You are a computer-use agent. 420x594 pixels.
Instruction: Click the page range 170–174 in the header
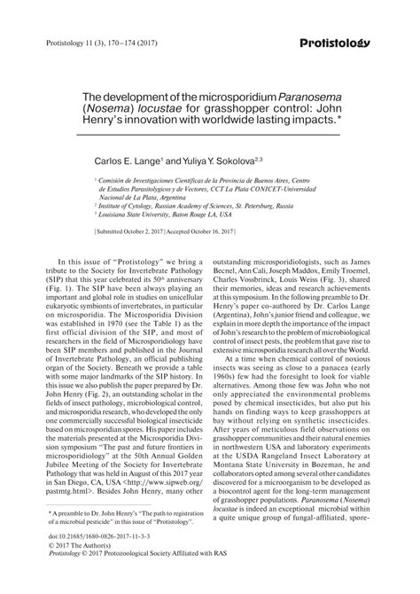coord(113,43)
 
